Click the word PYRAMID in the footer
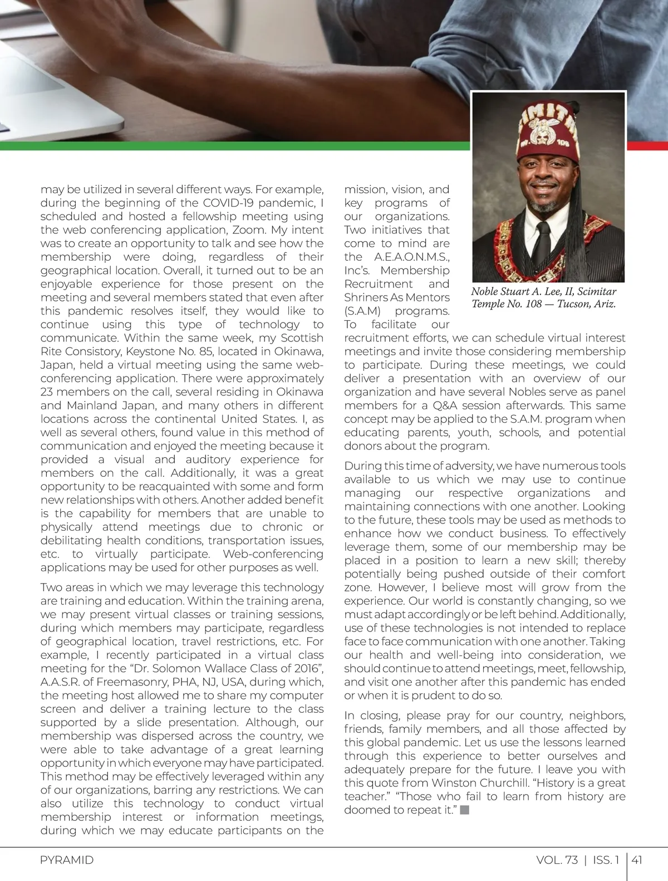click(x=66, y=860)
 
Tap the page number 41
click(x=637, y=860)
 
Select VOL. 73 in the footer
click(x=557, y=860)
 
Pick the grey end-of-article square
click(x=465, y=810)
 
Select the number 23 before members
click(x=47, y=391)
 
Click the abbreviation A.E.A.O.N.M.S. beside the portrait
click(x=411, y=257)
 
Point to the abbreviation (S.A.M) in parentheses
click(x=362, y=311)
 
